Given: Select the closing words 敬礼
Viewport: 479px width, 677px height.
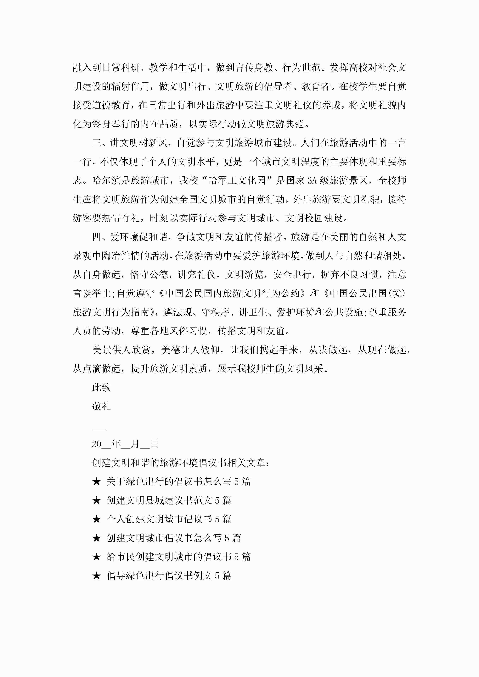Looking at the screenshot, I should [101, 406].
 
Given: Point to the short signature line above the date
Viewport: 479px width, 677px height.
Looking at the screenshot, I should [99, 429].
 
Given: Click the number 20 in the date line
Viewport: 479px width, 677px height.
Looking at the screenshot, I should [97, 444].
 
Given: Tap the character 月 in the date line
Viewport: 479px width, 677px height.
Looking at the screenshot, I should [135, 444].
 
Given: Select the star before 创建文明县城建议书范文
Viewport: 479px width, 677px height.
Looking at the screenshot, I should [97, 501].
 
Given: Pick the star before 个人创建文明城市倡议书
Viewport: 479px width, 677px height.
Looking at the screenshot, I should [97, 519].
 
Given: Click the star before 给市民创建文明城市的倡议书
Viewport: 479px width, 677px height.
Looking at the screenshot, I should [97, 557].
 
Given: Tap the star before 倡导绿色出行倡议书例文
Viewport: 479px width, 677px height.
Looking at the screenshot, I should [97, 575].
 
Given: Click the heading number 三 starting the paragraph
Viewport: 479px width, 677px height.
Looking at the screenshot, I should [97, 143].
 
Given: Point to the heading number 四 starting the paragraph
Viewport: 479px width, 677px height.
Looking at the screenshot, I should [97, 237].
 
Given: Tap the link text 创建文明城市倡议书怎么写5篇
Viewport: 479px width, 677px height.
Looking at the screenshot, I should [173, 538].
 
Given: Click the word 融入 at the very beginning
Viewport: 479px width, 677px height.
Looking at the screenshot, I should [82, 68].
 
